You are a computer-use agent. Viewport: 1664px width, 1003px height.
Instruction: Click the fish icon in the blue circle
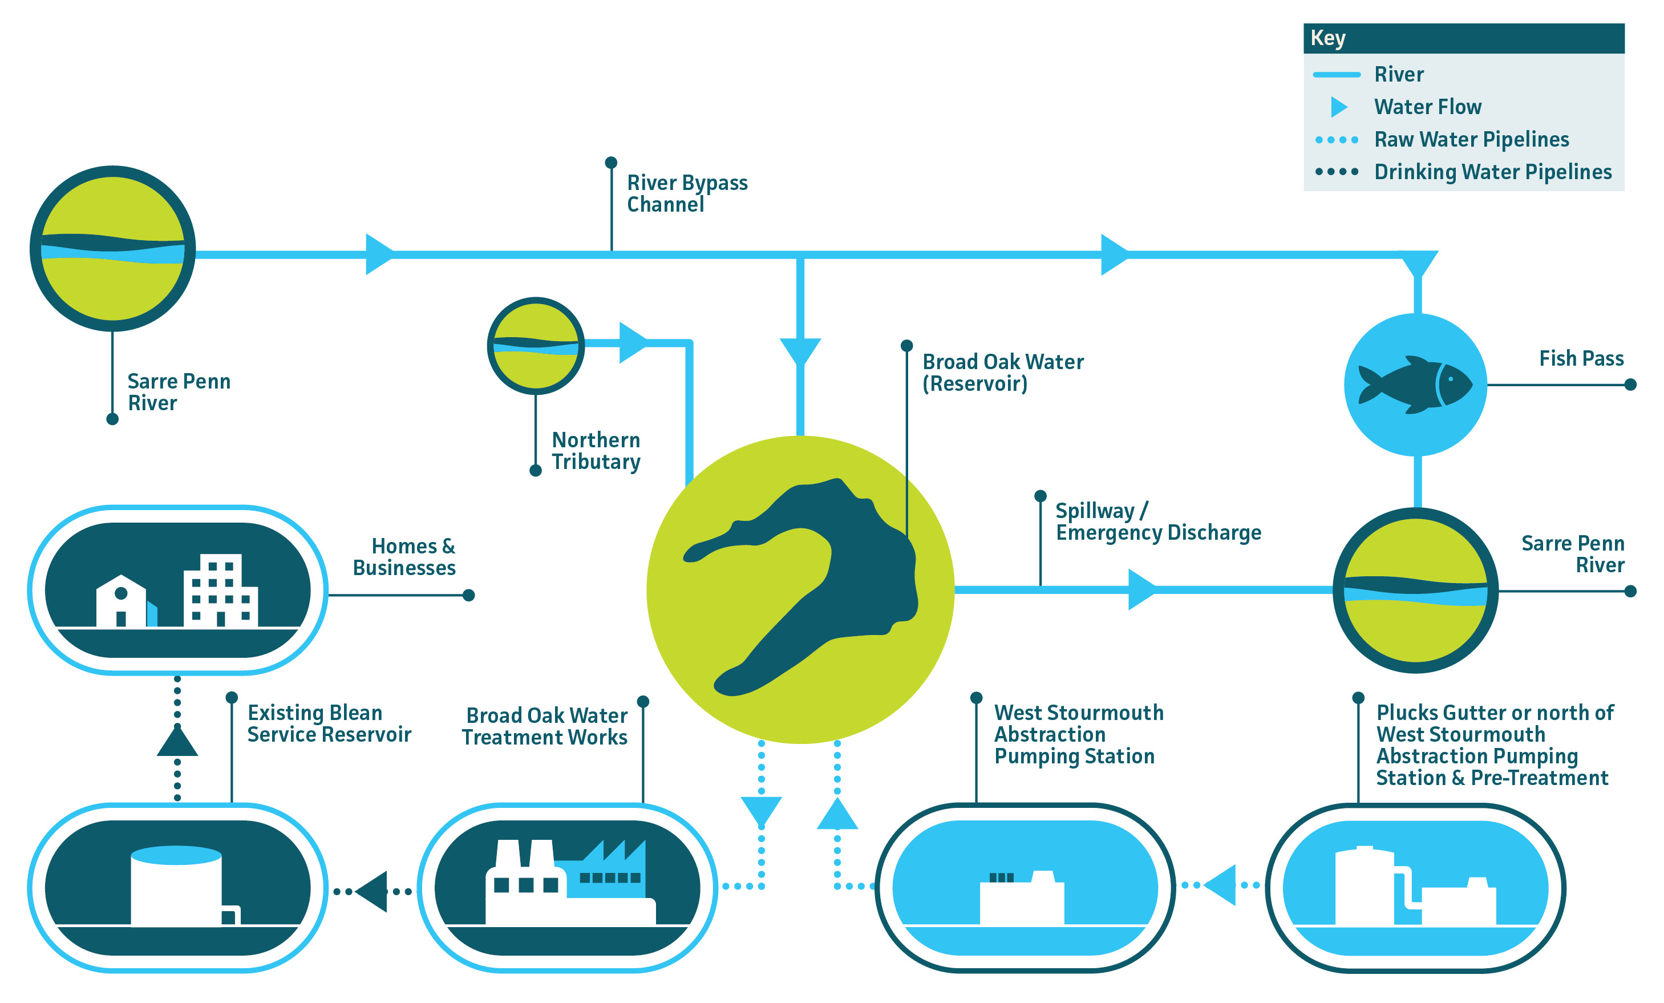pos(1414,385)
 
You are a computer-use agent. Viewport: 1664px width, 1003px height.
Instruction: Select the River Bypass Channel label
pos(686,193)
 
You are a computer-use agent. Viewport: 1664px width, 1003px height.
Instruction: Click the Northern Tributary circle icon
pos(536,346)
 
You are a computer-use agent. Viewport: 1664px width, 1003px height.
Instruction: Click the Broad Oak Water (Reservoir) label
pos(1002,372)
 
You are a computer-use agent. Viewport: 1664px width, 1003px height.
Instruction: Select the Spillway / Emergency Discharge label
pos(1157,521)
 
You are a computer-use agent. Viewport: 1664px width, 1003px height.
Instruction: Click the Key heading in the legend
pos(1327,38)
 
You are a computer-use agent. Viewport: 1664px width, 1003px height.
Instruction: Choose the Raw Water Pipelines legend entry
pos(1471,139)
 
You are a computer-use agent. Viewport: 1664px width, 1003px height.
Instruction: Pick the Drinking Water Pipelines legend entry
pos(1492,172)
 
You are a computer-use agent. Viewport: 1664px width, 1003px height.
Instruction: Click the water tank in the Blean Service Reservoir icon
pos(176,886)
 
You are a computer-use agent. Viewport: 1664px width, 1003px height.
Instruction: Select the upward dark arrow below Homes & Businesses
pos(177,742)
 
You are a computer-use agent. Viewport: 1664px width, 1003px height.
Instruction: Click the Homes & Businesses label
pos(405,556)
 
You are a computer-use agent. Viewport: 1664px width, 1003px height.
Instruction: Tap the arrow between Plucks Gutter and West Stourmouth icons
pos(1221,885)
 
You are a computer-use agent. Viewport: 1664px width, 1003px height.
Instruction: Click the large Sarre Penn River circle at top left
pos(113,249)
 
